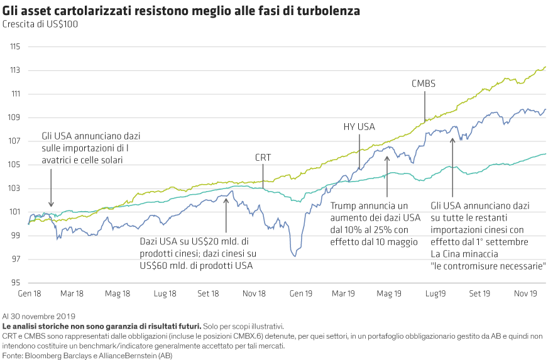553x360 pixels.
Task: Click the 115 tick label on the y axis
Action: (x=16, y=47)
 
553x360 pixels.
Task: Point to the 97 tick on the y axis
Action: (x=16, y=259)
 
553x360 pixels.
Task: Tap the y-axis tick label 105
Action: (x=16, y=165)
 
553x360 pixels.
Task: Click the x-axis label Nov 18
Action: (x=254, y=293)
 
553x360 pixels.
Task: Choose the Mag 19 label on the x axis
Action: (x=390, y=293)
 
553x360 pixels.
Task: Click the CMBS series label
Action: (x=424, y=84)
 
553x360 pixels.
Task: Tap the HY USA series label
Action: (x=358, y=127)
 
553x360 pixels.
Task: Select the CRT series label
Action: (x=263, y=158)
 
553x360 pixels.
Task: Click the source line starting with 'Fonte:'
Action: (x=87, y=356)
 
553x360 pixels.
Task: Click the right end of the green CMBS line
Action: (x=545, y=67)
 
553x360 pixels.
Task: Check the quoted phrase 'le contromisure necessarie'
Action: (x=488, y=266)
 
